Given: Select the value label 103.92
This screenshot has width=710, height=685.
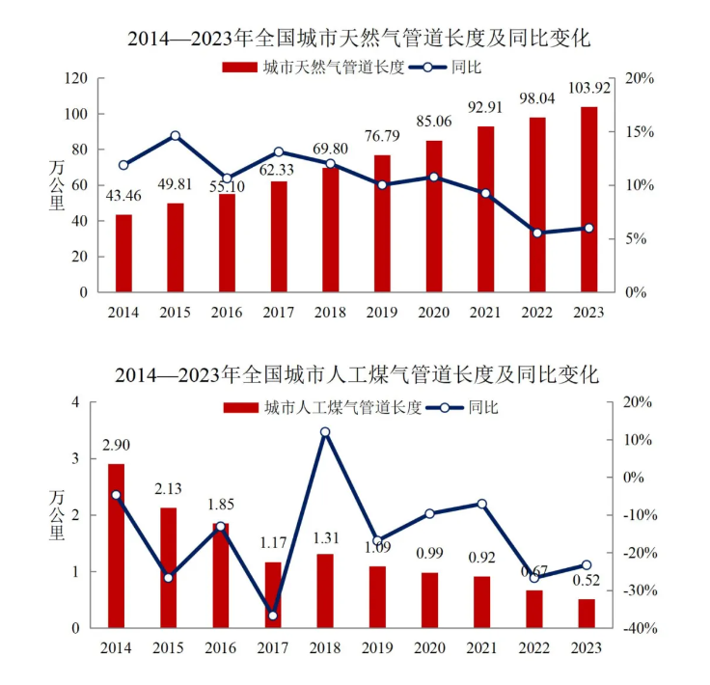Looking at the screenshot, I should (x=588, y=89).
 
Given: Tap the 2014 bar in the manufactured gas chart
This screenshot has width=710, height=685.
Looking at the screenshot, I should (x=116, y=546).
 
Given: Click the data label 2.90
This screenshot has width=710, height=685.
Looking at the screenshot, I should (x=116, y=445).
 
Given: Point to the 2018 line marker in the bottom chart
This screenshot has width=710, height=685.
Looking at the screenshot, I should (x=325, y=432).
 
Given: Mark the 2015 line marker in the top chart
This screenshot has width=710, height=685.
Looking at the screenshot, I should (x=175, y=136).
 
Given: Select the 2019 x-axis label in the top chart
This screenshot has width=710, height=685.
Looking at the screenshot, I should (x=382, y=312).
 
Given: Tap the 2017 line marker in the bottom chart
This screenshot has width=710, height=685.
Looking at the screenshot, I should (x=272, y=615).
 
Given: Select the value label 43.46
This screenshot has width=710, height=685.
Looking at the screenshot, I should (x=123, y=196).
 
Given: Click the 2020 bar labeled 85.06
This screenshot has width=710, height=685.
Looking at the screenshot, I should (x=433, y=216).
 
